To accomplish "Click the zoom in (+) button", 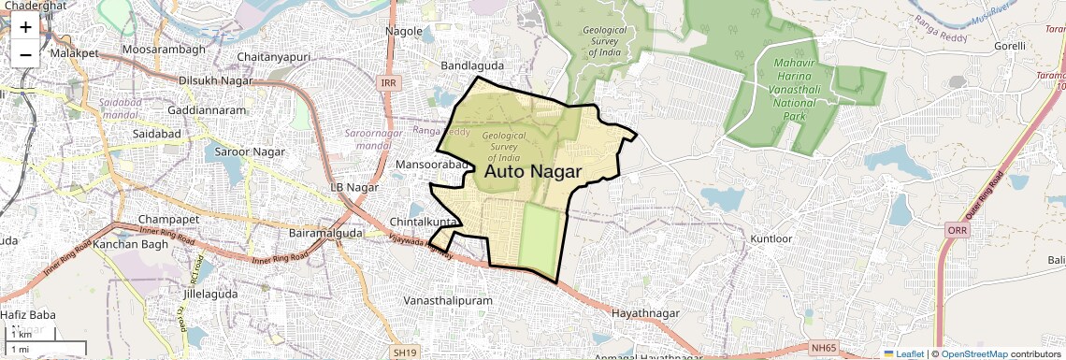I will pyautogui.click(x=25, y=26).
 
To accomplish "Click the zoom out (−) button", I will pyautogui.click(x=25, y=54).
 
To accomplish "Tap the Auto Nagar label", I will pyautogui.click(x=533, y=172).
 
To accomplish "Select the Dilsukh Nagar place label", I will pyautogui.click(x=221, y=80).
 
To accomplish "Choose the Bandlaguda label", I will pyautogui.click(x=472, y=66).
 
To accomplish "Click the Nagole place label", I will pyautogui.click(x=404, y=31).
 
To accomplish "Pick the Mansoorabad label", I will pyautogui.click(x=431, y=165).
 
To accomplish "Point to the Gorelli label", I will pyautogui.click(x=1010, y=45).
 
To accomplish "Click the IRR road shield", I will pyautogui.click(x=389, y=83).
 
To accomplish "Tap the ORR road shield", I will pyautogui.click(x=957, y=230).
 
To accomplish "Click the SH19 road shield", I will pyautogui.click(x=404, y=353).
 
